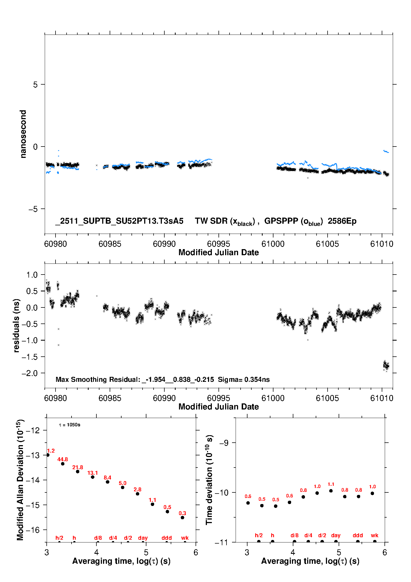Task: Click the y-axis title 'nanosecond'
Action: pyautogui.click(x=23, y=134)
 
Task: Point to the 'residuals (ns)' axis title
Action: pyautogui.click(x=16, y=325)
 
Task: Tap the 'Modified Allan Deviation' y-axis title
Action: pyautogui.click(x=20, y=480)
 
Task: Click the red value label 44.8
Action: pyautogui.click(x=63, y=459)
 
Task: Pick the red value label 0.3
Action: pyautogui.click(x=182, y=513)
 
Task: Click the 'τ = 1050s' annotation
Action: pyautogui.click(x=70, y=425)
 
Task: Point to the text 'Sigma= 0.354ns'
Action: pyautogui.click(x=244, y=379)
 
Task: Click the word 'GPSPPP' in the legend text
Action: pyautogui.click(x=281, y=221)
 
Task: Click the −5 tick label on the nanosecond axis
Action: pyautogui.click(x=33, y=209)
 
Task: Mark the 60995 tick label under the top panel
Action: pyautogui.click(x=218, y=244)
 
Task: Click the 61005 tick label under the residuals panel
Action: pyautogui.click(x=327, y=398)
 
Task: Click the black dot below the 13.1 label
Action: pyautogui.click(x=93, y=477)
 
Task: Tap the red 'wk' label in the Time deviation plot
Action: pyautogui.click(x=375, y=536)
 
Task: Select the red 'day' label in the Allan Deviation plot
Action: pyautogui.click(x=143, y=538)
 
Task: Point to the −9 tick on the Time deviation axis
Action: pyautogui.click(x=224, y=443)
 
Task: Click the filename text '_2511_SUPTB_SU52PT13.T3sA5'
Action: pyautogui.click(x=119, y=221)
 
